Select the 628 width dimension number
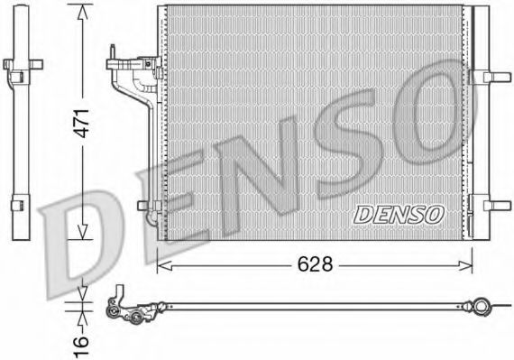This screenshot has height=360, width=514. click(315, 263)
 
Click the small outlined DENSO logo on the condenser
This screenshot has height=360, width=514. click(399, 214)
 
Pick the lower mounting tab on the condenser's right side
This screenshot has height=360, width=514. click(495, 205)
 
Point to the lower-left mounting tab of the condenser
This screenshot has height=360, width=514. click(146, 205)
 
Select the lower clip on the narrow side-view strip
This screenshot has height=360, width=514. click(23, 206)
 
